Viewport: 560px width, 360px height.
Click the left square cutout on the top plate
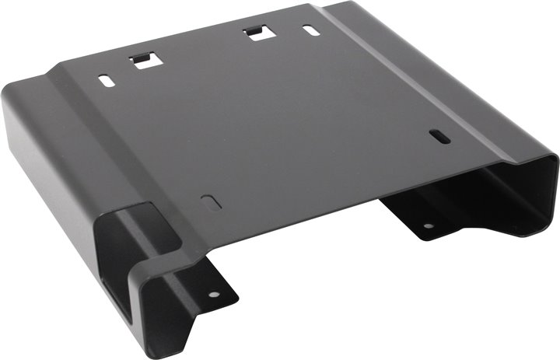[144, 60]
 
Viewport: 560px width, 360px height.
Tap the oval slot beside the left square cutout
[104, 79]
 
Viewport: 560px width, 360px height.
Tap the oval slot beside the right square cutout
[310, 31]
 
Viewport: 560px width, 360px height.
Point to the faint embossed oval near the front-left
[211, 201]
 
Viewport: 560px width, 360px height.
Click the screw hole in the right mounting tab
[426, 226]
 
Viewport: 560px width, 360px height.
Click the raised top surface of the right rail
[436, 86]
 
